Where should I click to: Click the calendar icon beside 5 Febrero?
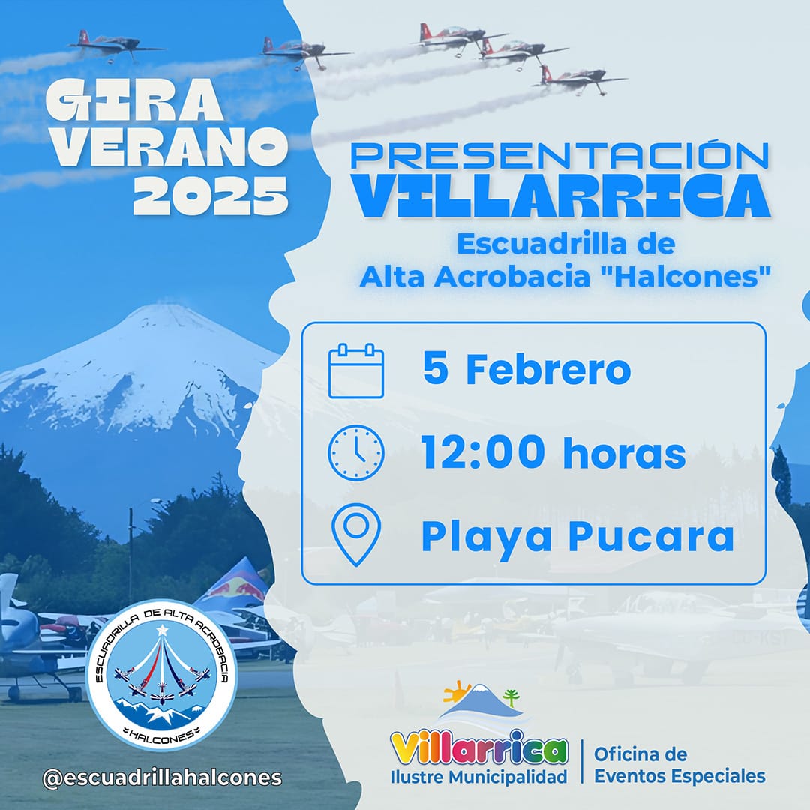click(356, 370)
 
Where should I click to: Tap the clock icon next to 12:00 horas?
click(356, 452)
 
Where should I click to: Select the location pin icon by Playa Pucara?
click(356, 535)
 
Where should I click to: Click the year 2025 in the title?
click(211, 196)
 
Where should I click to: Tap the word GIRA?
click(134, 100)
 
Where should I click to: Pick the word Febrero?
click(548, 369)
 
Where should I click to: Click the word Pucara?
click(651, 536)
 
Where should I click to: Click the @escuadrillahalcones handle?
click(162, 778)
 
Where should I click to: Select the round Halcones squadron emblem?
click(162, 675)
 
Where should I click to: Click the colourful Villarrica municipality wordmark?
click(478, 748)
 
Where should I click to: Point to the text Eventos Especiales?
click(679, 776)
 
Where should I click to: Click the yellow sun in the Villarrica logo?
click(457, 691)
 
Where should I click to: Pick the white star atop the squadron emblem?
click(162, 630)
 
